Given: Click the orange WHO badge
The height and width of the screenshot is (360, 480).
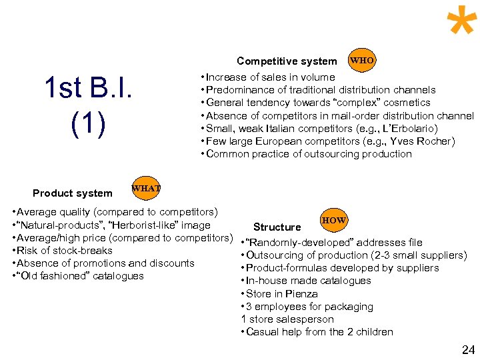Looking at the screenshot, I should click(x=362, y=61).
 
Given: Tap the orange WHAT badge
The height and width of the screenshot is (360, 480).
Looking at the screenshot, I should click(x=146, y=189).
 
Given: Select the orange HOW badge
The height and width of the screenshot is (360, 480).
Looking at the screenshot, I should click(x=333, y=220).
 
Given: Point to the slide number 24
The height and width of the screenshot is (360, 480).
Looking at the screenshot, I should click(x=468, y=349).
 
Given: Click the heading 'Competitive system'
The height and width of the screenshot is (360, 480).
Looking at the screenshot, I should click(x=287, y=61).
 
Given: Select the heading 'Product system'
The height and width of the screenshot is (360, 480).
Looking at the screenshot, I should click(x=73, y=193).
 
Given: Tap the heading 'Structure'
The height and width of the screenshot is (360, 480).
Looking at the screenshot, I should click(x=277, y=227).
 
